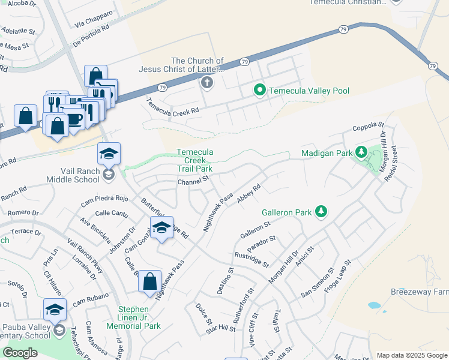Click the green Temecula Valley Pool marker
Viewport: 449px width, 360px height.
coord(259,91)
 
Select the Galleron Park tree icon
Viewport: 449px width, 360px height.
coord(322,211)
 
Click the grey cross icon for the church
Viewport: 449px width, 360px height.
coord(207,82)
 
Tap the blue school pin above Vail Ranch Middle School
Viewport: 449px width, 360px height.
coord(109,155)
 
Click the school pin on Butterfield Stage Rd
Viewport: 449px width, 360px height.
coord(161,229)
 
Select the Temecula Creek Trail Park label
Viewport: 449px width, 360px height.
coord(194,161)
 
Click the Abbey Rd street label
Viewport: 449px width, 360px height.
coord(249,194)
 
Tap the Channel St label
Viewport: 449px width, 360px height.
coord(193,179)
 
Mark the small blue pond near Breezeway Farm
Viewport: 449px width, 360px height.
coord(375,305)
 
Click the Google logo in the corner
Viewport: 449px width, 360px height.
coord(20,353)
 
